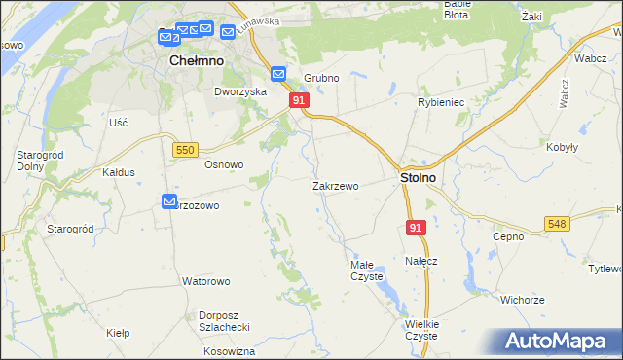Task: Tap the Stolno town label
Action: (418, 179)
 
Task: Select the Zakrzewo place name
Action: (336, 185)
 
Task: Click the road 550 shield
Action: (185, 149)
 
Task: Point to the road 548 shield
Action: (557, 224)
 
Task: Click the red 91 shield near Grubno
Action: (299, 100)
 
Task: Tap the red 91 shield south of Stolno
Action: (416, 227)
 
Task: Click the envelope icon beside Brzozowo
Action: (168, 201)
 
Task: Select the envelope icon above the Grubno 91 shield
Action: (278, 73)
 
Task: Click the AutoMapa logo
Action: (562, 342)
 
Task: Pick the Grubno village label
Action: (320, 78)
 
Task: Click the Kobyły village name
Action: (563, 147)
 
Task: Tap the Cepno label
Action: (508, 236)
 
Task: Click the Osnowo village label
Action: (223, 164)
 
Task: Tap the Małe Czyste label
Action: (367, 270)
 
